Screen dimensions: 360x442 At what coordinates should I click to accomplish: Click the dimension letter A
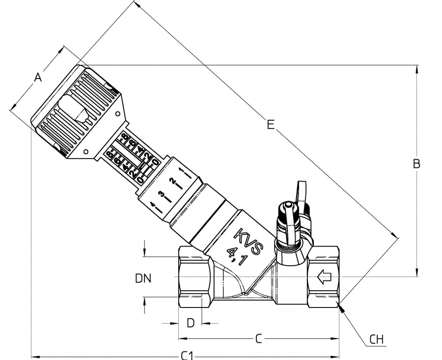point(38,77)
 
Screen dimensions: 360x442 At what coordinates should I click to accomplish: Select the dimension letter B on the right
point(416,164)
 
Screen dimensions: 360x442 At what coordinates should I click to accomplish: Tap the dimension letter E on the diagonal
point(270,124)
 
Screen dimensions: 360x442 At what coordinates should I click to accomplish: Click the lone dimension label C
point(258,338)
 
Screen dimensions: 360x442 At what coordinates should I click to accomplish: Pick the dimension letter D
point(191,323)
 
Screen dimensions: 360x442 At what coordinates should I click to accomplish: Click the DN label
point(143,278)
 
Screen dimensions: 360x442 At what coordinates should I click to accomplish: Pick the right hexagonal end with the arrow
point(323,278)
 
